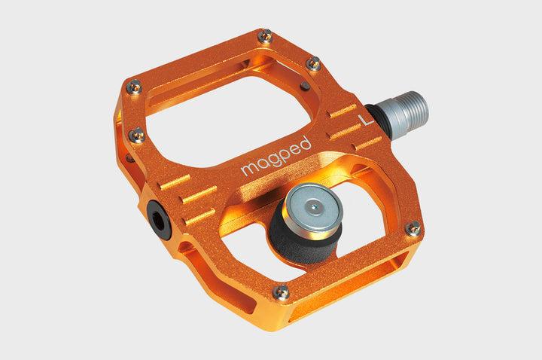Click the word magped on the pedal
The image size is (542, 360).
tap(276, 156)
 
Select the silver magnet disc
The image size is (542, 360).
tap(313, 203)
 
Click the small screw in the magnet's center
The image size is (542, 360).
tap(314, 201)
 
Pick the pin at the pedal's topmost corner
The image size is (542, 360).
tap(265, 35)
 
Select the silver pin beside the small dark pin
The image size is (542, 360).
tap(314, 64)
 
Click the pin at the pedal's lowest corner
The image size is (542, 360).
tap(282, 291)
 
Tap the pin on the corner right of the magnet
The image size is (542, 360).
tap(413, 228)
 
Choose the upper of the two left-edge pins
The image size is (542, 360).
tap(133, 87)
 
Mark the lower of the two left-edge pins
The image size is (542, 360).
tap(137, 136)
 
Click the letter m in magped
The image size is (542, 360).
tap(247, 170)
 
